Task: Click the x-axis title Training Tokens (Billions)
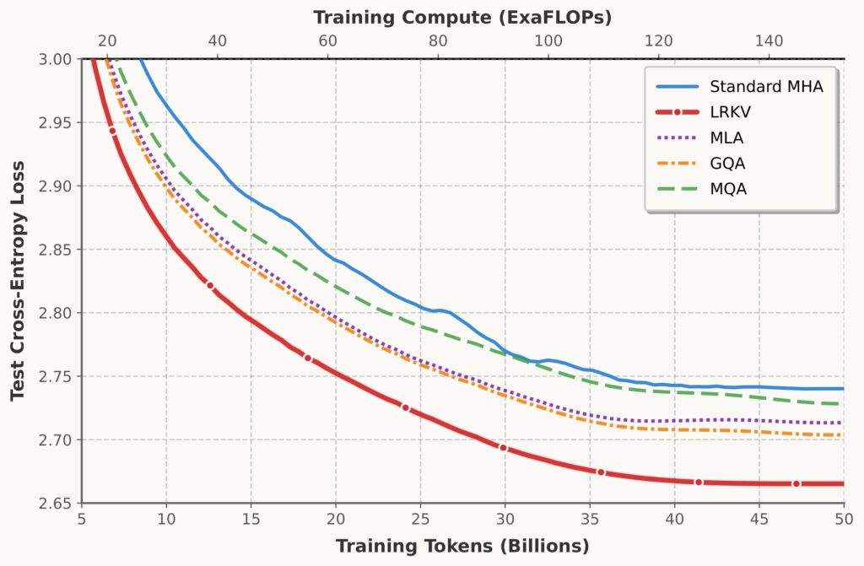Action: tap(462, 546)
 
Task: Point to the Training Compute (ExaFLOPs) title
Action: tap(462, 17)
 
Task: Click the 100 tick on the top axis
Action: tap(548, 40)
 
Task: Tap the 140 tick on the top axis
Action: tap(769, 40)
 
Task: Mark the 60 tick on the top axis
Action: tap(327, 40)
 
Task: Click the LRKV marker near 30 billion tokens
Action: tap(503, 448)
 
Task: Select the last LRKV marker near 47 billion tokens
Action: tap(796, 483)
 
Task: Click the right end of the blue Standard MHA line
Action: tap(843, 389)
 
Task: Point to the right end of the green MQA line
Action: tap(843, 404)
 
